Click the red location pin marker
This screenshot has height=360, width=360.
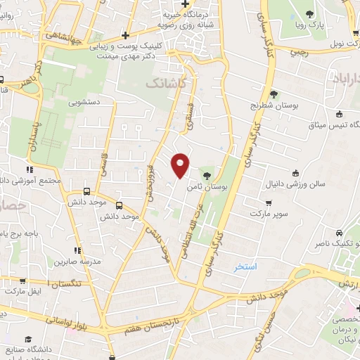tap(181, 165)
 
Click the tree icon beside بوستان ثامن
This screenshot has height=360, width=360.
tap(207, 175)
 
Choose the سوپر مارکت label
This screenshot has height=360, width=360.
tap(264, 212)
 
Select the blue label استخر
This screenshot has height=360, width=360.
tap(246, 267)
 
